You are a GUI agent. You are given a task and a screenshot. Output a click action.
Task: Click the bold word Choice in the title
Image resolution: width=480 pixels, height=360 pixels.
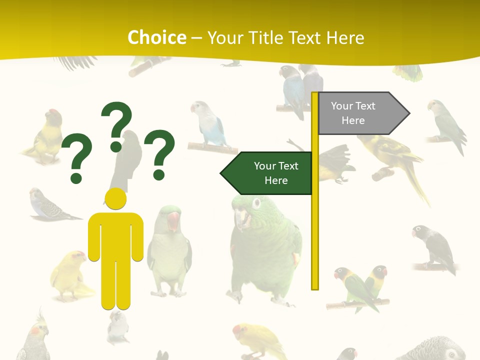coord(156,37)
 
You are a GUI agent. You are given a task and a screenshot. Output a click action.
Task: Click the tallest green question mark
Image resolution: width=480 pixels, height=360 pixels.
coord(116,125)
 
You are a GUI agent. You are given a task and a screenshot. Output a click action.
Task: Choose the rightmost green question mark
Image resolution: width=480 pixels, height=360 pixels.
coord(159,153)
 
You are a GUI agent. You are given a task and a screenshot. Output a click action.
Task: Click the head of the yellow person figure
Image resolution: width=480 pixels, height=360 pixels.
coord(115,198)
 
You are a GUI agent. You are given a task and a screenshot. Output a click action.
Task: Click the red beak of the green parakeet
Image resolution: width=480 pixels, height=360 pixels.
coord(173,220)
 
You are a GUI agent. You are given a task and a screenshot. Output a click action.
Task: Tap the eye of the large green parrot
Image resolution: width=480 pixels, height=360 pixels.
coord(256,203)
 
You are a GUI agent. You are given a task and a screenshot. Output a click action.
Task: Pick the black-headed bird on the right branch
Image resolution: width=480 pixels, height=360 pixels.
coord(434,247)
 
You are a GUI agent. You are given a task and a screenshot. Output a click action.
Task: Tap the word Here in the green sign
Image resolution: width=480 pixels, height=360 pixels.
coord(276,180)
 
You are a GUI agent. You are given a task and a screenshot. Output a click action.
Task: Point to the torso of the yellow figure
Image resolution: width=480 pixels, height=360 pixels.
coord(115,235)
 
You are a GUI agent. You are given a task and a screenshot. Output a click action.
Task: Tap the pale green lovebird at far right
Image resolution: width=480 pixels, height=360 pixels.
coord(445,125)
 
